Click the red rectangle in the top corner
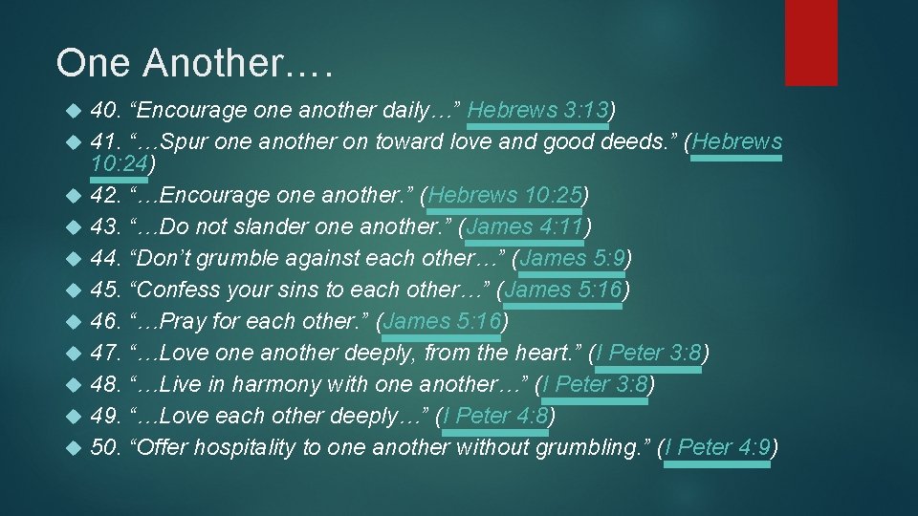pos(811,42)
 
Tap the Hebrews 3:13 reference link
pos(537,110)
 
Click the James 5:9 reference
pos(572,258)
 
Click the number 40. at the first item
pos(105,110)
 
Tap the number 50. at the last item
pos(105,447)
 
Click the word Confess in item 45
pos(175,290)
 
